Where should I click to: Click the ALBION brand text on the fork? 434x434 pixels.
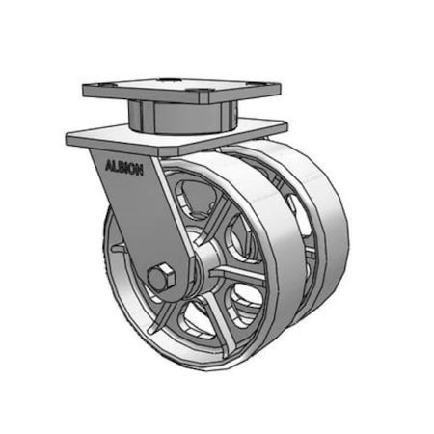coord(124,166)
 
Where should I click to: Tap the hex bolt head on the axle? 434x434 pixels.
coord(160,277)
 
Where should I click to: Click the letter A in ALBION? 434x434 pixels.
coord(108,164)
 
